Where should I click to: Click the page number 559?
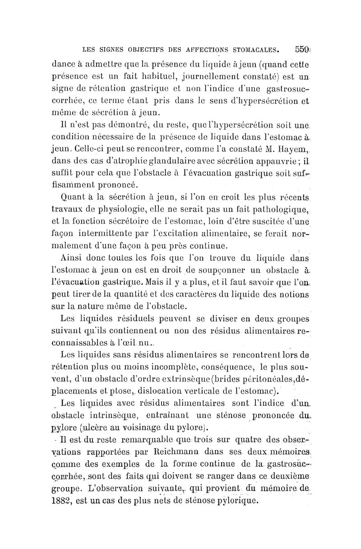(301, 47)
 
